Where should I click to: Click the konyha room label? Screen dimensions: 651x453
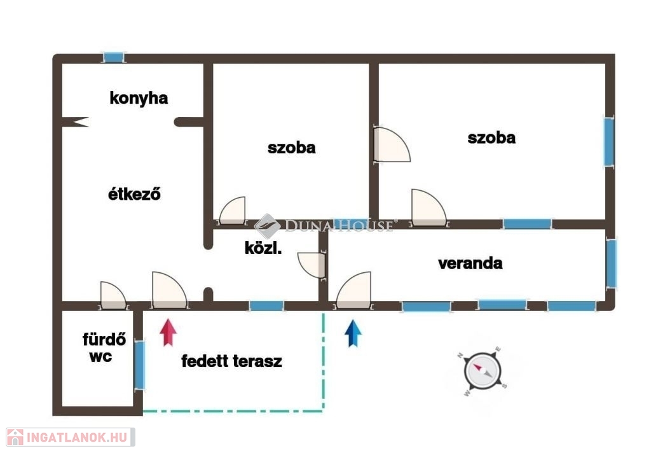pyautogui.click(x=139, y=99)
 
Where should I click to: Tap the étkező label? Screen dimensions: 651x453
pyautogui.click(x=134, y=193)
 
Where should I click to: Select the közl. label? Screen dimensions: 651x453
pyautogui.click(x=263, y=248)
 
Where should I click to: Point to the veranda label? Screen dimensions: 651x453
pyautogui.click(x=470, y=263)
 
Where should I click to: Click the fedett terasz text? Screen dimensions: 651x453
pyautogui.click(x=231, y=361)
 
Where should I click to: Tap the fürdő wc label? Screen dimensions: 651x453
pyautogui.click(x=104, y=348)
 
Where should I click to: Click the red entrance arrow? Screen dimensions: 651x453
pyautogui.click(x=168, y=332)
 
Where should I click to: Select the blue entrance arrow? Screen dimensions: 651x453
pyautogui.click(x=353, y=333)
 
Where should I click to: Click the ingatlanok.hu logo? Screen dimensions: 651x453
pyautogui.click(x=71, y=437)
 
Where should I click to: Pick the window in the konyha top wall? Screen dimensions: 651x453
pyautogui.click(x=113, y=57)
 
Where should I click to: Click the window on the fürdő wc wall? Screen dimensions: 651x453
pyautogui.click(x=140, y=365)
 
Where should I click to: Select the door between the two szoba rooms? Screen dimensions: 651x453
pyautogui.click(x=391, y=144)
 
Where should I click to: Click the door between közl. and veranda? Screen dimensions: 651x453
pyautogui.click(x=312, y=265)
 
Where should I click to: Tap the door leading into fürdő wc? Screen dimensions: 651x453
pyautogui.click(x=113, y=296)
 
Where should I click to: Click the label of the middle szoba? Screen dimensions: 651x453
pyautogui.click(x=291, y=148)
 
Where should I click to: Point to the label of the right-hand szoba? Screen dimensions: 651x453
pyautogui.click(x=491, y=137)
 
